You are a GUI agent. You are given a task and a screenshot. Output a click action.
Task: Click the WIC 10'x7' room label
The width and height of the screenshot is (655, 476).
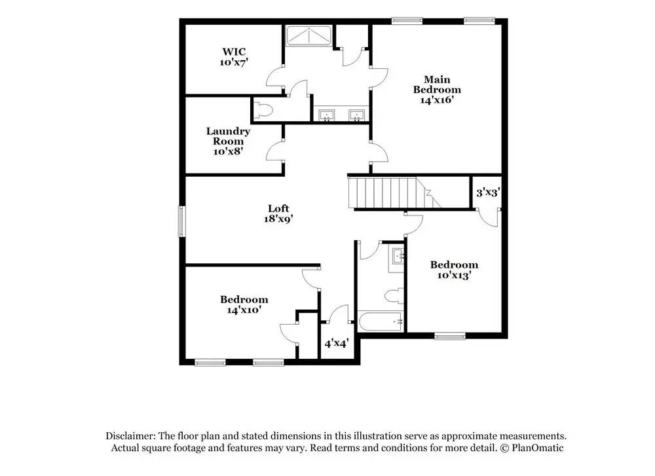click(x=234, y=57)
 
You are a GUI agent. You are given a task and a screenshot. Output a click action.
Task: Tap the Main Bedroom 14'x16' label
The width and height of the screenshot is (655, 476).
click(x=436, y=90)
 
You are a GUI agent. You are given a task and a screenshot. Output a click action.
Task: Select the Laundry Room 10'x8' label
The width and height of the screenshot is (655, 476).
click(x=228, y=141)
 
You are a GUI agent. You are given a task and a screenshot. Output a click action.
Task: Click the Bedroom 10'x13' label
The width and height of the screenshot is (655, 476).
click(x=454, y=270)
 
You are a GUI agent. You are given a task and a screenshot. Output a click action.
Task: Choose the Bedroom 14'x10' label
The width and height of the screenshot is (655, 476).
click(x=244, y=304)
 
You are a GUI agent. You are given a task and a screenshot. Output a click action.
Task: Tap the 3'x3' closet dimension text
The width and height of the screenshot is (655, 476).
click(x=487, y=192)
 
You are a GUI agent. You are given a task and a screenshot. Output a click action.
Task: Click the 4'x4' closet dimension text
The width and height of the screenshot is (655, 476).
click(x=337, y=342)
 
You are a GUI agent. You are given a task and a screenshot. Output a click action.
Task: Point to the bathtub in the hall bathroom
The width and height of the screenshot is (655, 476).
click(x=381, y=321)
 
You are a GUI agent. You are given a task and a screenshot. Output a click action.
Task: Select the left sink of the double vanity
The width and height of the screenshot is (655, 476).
click(x=326, y=116)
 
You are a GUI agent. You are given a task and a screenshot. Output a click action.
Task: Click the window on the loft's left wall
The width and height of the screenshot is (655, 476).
click(x=182, y=221)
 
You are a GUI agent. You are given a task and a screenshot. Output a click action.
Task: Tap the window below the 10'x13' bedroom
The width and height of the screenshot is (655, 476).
click(x=450, y=337)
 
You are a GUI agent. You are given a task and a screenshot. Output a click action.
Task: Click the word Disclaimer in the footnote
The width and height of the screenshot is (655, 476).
click(x=130, y=436)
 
